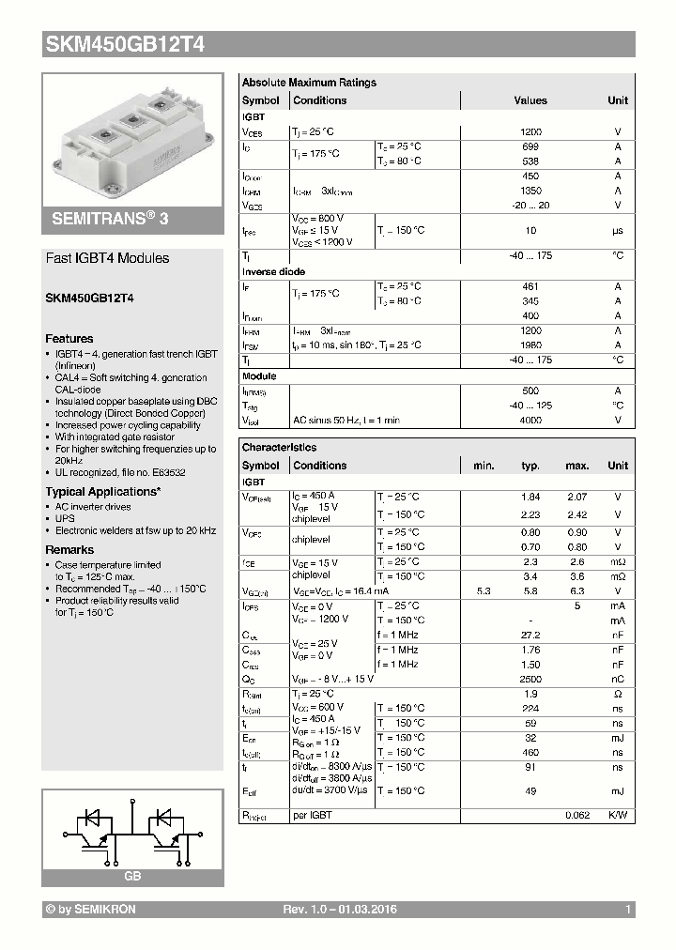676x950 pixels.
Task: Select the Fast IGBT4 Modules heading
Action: [x=108, y=258]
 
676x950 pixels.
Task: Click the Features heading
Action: [x=69, y=339]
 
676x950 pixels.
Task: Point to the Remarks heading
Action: [x=69, y=550]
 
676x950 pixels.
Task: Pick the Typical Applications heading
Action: [x=102, y=492]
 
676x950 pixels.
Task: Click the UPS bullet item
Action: [x=65, y=518]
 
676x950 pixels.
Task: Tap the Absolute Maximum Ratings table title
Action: [x=309, y=83]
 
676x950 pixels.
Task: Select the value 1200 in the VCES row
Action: [x=530, y=133]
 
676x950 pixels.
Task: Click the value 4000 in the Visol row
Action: [x=530, y=421]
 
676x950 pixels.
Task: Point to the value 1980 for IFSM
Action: [x=530, y=345]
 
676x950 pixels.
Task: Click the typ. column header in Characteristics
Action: [x=530, y=466]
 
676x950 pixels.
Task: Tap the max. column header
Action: [x=576, y=466]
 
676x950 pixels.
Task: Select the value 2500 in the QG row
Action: [x=530, y=679]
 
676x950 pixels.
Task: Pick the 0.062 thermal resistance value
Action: [x=576, y=816]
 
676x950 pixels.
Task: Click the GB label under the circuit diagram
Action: [x=132, y=875]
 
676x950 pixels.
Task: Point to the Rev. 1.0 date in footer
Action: [x=339, y=911]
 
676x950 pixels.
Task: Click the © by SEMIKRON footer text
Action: [x=90, y=911]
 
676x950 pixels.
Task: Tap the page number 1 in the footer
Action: [x=628, y=911]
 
